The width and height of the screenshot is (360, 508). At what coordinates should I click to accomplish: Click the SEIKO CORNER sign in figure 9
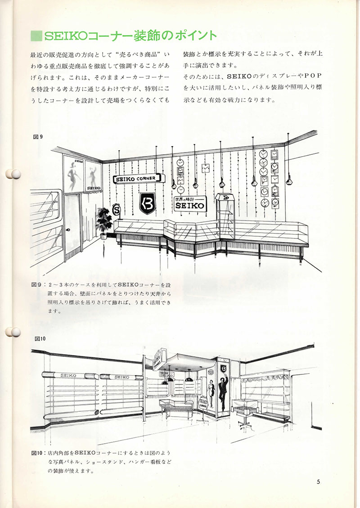point(135,178)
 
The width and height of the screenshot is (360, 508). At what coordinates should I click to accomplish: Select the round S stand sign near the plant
point(117,209)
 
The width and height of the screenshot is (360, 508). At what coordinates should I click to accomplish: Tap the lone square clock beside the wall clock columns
point(206,168)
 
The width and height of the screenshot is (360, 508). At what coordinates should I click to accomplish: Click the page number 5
point(318,482)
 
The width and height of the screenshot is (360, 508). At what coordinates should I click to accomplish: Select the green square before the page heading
point(35,35)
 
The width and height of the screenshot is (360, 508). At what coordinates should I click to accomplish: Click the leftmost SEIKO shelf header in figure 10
point(67,375)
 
